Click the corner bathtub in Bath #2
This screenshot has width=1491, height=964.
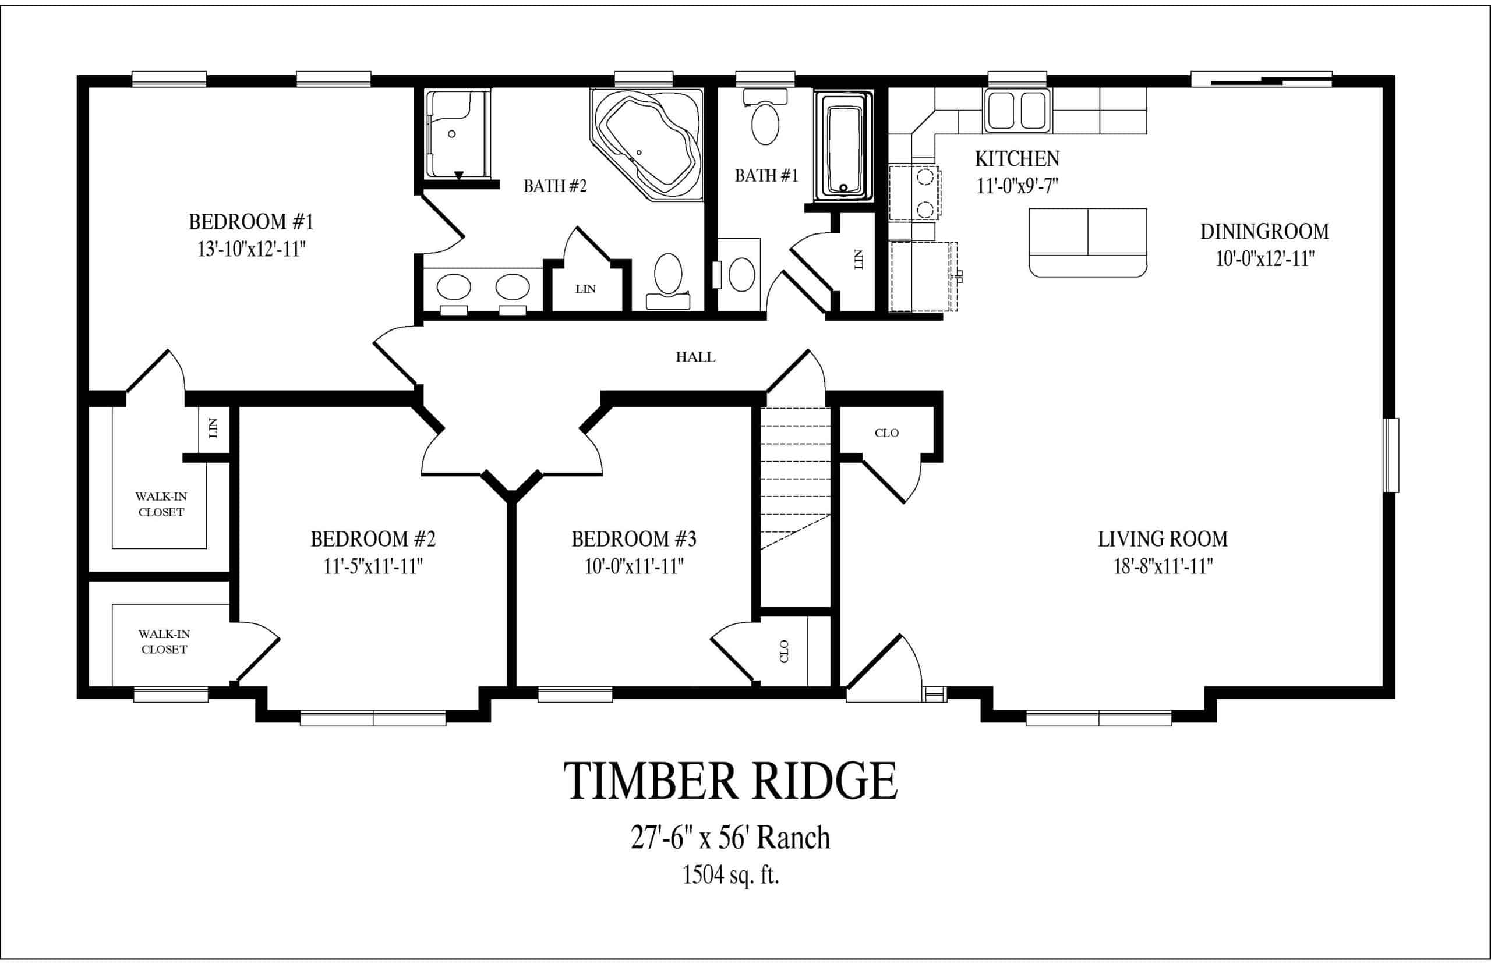point(646,144)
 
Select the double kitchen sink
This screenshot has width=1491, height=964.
point(1017,110)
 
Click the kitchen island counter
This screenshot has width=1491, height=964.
point(1088,242)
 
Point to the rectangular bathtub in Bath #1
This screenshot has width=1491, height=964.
point(843,146)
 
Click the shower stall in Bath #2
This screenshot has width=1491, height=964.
point(457,134)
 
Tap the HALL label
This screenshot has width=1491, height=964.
point(695,357)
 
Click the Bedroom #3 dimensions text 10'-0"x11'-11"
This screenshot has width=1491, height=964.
point(634,566)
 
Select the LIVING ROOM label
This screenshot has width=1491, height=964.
point(1163,539)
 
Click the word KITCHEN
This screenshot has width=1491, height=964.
point(1017,159)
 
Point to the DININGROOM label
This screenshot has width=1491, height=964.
point(1264,232)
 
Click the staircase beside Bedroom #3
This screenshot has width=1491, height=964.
point(795,479)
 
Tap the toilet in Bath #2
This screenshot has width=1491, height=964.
point(668,281)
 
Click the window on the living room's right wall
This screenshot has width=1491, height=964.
point(1391,455)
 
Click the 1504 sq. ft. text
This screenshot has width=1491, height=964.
point(730,875)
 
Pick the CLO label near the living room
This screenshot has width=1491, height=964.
point(886,433)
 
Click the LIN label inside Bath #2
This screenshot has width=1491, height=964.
point(585,289)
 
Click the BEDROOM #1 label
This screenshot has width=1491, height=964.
point(250,222)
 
